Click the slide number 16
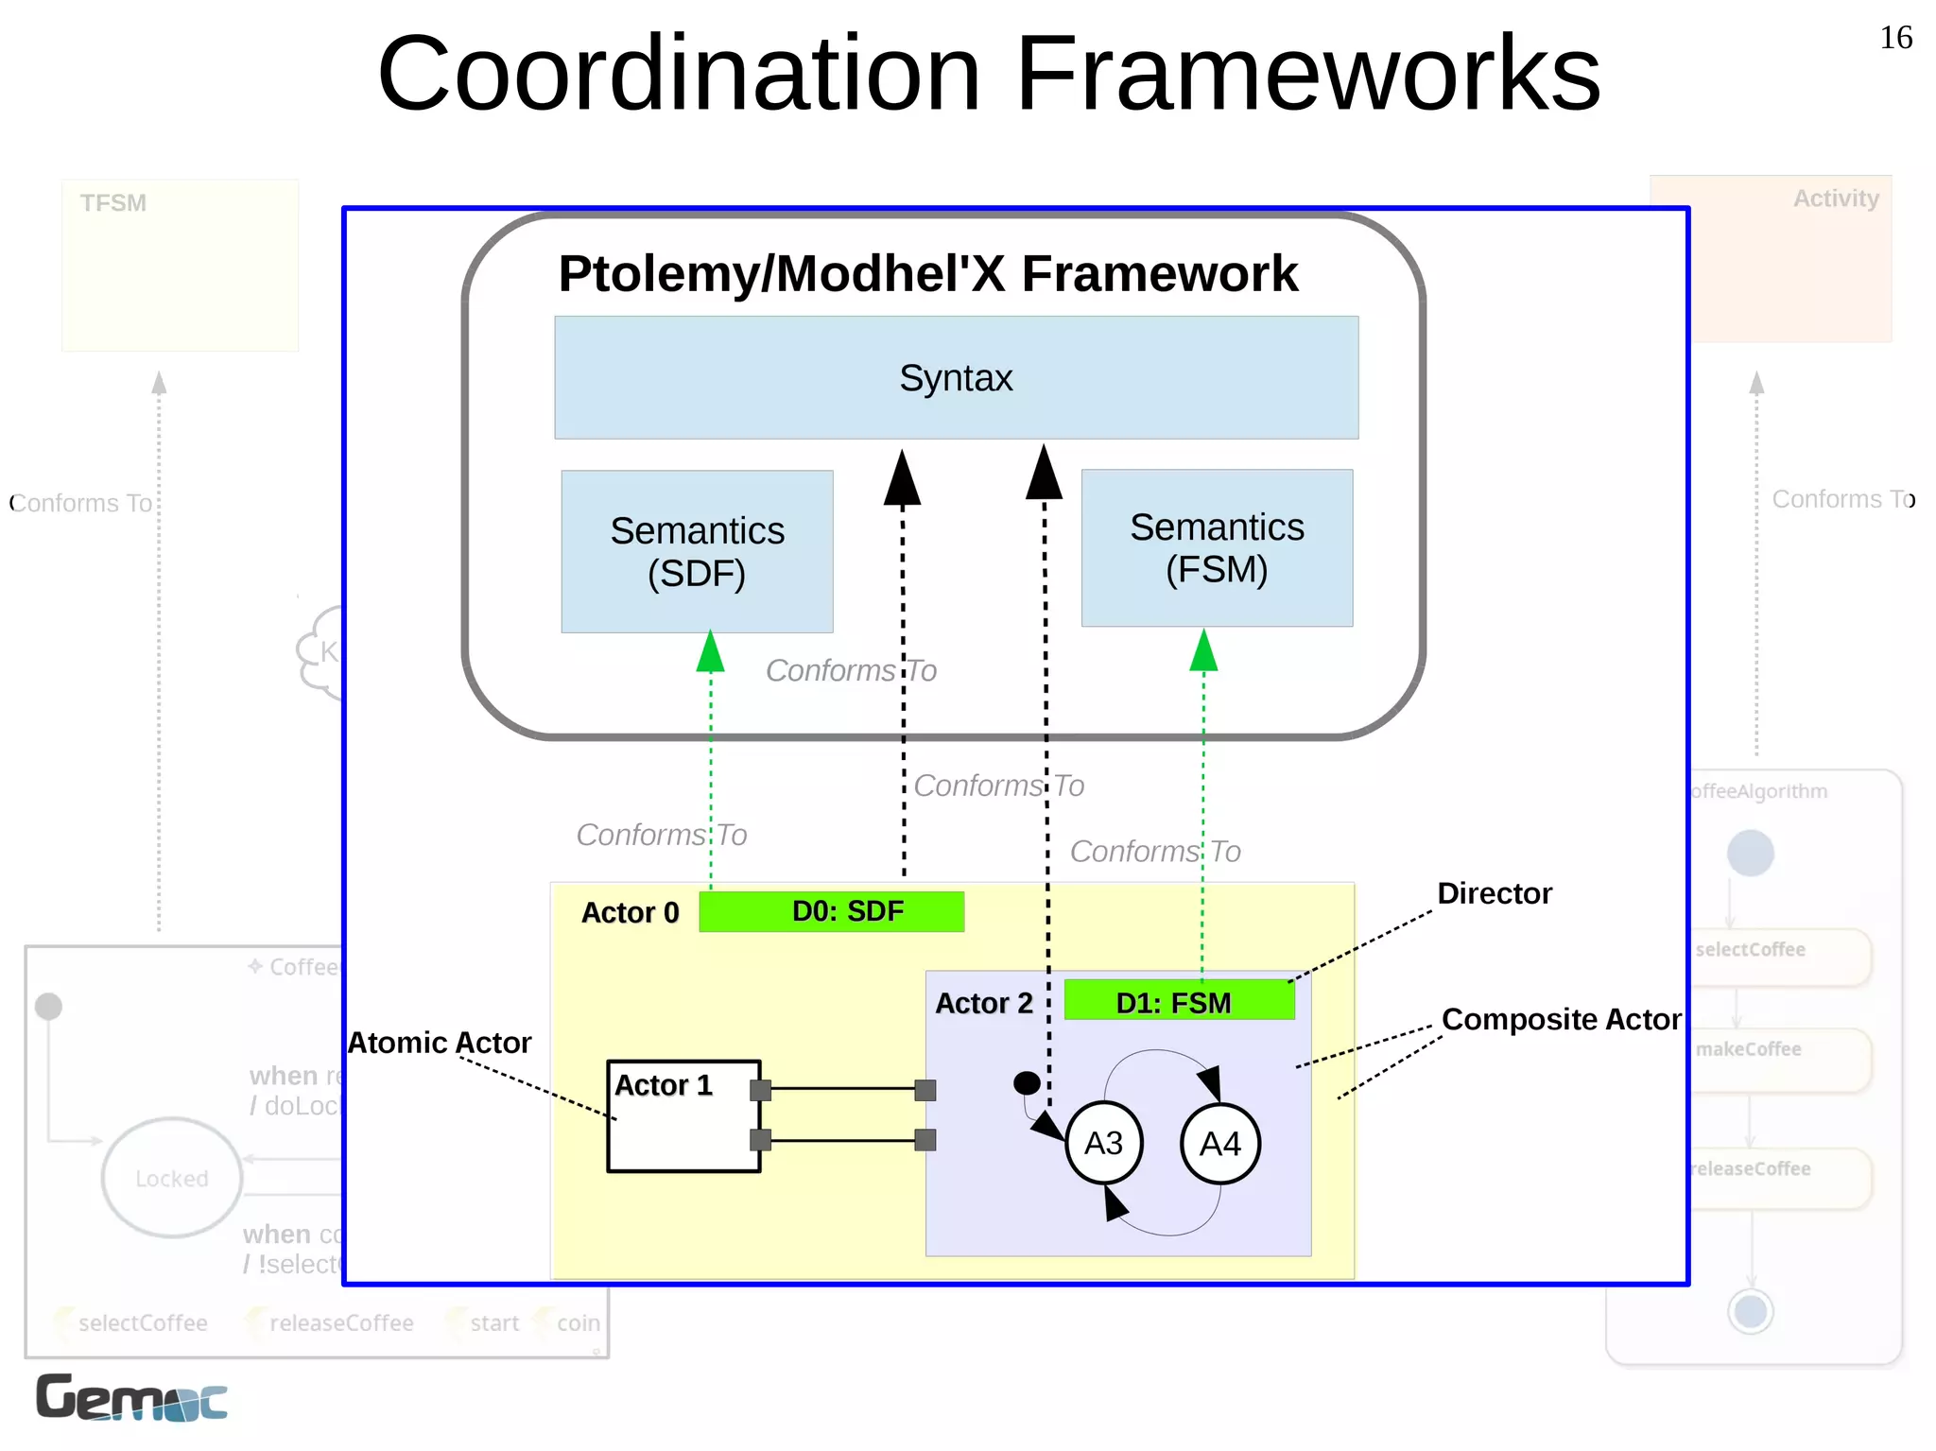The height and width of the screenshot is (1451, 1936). (1894, 38)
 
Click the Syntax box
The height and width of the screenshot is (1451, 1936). (956, 378)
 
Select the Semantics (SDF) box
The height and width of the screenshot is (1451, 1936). (697, 551)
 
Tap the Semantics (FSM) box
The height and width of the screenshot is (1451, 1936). (1217, 548)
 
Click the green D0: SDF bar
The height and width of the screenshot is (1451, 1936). (831, 911)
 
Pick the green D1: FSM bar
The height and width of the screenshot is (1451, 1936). (1178, 1001)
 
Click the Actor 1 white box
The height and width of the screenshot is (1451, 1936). (683, 1125)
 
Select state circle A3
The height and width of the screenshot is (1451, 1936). (1103, 1143)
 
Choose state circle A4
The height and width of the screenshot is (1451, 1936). (1219, 1144)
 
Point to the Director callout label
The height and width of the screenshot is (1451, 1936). (1494, 893)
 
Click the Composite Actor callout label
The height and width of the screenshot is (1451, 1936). (1561, 1019)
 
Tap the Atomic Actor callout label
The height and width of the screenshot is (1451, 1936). (440, 1043)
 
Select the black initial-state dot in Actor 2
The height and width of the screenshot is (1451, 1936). (1027, 1082)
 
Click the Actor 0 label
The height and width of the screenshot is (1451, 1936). (630, 912)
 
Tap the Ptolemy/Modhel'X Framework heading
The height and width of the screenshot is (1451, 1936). (927, 274)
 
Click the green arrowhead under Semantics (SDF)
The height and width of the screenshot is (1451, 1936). (711, 652)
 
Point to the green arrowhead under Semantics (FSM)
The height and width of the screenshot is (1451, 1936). (1203, 651)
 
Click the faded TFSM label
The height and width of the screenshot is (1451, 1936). (113, 203)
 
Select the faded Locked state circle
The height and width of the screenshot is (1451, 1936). (172, 1178)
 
